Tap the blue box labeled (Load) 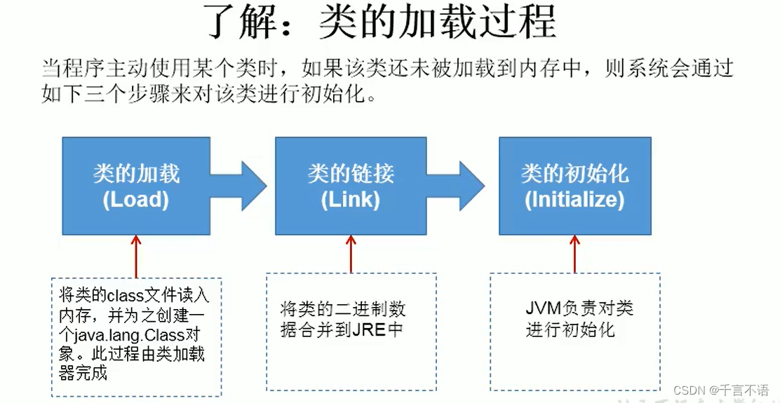136,186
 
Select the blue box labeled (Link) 350,186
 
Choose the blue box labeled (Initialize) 574,186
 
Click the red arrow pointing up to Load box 135,257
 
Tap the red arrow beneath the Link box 351,253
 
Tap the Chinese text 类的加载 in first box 136,174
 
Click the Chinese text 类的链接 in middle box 351,174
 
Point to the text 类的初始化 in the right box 574,174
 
